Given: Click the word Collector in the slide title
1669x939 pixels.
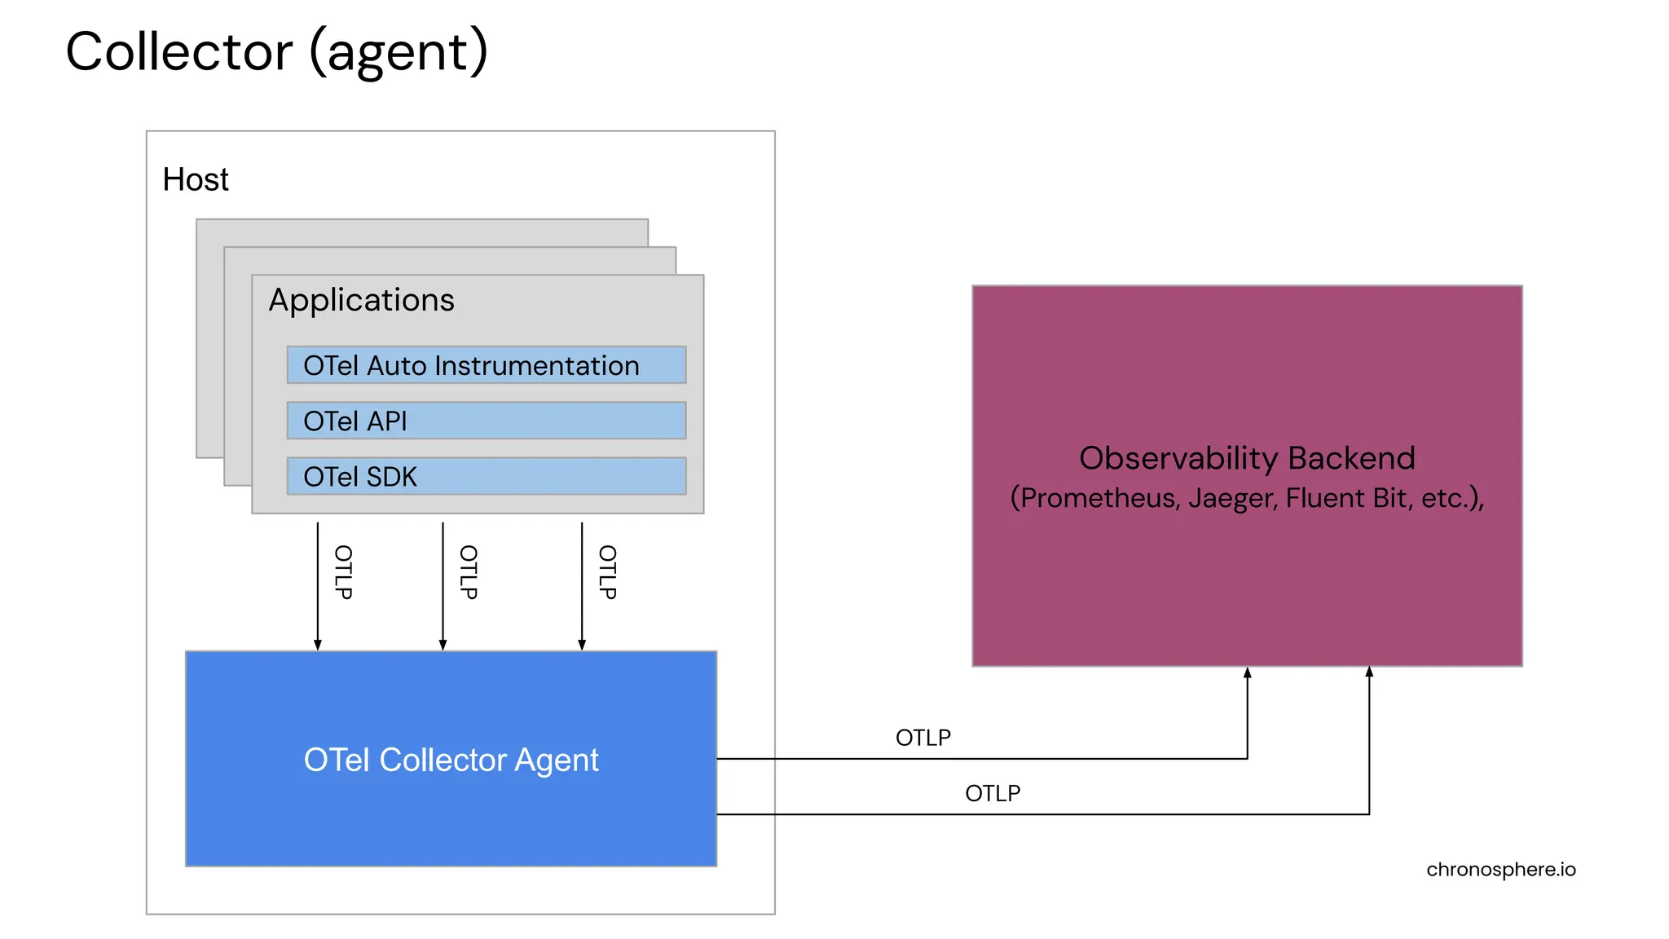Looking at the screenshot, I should point(178,52).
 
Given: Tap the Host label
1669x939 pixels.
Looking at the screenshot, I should point(196,179).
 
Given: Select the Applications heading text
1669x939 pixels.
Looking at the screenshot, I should point(361,300).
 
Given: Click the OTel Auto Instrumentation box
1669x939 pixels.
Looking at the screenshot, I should point(486,365).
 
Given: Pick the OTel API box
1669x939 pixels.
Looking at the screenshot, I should point(486,421).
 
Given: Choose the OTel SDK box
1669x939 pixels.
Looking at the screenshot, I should point(486,476).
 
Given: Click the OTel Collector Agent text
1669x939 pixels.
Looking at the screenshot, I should point(451,760).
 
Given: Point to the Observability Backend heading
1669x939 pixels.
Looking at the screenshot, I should point(1247,458).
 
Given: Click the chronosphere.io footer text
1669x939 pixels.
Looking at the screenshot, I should point(1500,870).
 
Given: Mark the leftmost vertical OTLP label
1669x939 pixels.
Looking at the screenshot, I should point(344,572).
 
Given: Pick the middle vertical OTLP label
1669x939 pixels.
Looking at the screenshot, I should point(469,572).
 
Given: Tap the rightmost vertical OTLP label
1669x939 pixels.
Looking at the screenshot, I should point(608,572).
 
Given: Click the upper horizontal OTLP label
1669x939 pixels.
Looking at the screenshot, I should point(923,738).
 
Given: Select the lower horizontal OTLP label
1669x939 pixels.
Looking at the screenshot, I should point(993,793).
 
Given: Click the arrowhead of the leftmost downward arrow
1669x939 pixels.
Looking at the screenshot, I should point(318,645).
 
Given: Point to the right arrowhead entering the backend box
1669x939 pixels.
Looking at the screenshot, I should point(1369,672).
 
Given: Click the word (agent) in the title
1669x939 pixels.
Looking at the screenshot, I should point(399,52).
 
